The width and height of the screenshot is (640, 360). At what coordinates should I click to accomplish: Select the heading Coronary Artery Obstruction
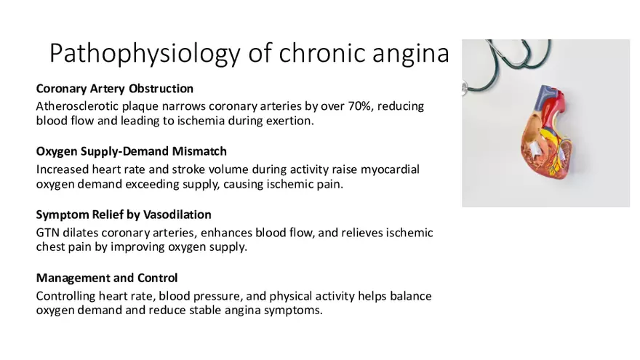115,89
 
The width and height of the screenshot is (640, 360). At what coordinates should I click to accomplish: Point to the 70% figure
359,106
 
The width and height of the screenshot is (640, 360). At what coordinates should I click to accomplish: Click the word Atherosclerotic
77,106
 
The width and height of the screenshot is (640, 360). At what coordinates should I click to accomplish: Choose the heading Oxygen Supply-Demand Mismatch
132,151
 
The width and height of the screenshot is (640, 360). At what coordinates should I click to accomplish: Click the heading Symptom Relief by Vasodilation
124,215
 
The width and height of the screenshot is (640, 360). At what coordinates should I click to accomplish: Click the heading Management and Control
107,278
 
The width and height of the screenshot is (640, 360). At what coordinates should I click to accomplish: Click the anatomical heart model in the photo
546,132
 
